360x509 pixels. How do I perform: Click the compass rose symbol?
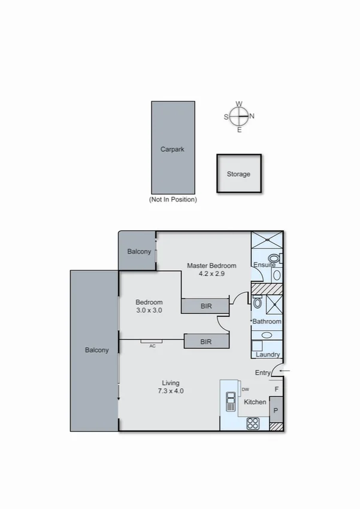239,116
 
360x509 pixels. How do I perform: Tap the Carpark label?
172,149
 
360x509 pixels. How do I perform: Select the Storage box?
238,174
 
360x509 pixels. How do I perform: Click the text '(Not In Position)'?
173,200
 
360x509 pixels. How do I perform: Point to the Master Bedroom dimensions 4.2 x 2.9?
211,274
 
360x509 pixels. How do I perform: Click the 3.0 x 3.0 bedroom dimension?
149,311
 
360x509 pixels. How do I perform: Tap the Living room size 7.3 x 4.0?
171,391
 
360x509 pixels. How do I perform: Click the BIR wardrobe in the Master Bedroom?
205,306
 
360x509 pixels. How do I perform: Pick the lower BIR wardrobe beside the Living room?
206,342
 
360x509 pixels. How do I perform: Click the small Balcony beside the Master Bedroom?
138,251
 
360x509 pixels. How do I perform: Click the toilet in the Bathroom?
258,302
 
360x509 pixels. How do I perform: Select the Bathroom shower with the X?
273,303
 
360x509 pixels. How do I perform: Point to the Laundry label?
268,354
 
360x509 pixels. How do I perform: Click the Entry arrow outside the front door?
285,372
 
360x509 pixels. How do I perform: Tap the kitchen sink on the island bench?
230,402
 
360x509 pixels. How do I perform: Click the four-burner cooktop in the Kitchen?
253,422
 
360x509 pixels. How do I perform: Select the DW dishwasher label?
245,390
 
